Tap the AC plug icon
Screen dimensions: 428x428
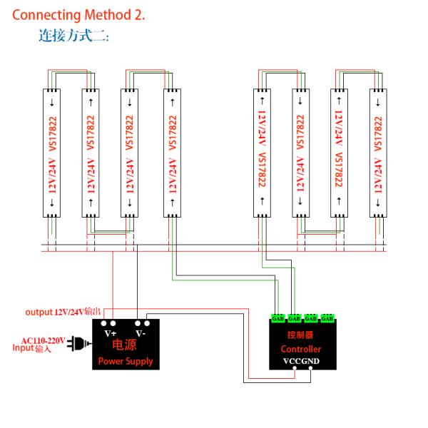pyautogui.click(x=75, y=345)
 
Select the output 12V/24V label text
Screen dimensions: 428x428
pyautogui.click(x=63, y=312)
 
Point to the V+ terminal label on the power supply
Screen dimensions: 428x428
pyautogui.click(x=111, y=334)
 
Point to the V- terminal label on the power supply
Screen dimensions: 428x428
pyautogui.click(x=141, y=334)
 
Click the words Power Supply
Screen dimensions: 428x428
pyautogui.click(x=126, y=361)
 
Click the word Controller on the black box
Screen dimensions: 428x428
pyautogui.click(x=300, y=350)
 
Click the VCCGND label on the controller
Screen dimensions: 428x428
pyautogui.click(x=301, y=362)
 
